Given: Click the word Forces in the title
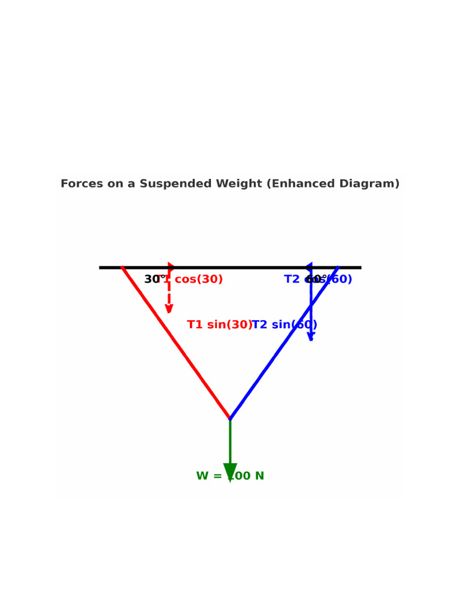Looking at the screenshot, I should click(81, 184).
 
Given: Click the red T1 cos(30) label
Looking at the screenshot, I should click(195, 280).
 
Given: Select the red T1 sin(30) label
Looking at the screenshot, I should click(219, 325).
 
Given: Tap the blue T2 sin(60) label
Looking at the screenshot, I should click(285, 325).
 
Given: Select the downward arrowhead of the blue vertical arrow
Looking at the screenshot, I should click(311, 337).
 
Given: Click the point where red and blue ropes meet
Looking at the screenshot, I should click(230, 419).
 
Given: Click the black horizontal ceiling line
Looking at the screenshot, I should click(240, 268).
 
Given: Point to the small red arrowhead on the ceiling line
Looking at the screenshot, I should click(171, 267).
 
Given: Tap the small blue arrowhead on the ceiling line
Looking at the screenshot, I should click(308, 267).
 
